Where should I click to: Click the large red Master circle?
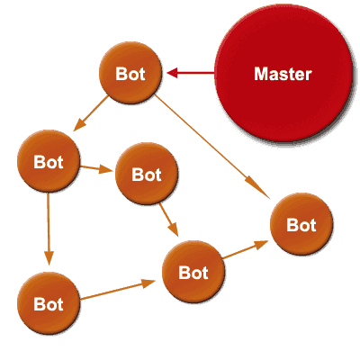(283, 73)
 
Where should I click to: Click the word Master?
(283, 74)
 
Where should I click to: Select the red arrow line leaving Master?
(191, 73)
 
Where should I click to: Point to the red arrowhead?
(172, 73)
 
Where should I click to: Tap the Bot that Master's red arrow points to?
(130, 73)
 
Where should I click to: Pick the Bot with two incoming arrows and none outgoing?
(301, 224)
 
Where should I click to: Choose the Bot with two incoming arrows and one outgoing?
(193, 272)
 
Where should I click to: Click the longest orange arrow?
(212, 147)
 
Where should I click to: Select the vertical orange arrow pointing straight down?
(49, 229)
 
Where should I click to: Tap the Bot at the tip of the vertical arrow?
(49, 303)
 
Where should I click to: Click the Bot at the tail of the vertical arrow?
(49, 161)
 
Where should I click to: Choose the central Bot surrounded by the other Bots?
(147, 174)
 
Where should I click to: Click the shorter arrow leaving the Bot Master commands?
(91, 113)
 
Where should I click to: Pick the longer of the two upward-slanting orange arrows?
(118, 290)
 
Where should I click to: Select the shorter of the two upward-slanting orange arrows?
(246, 249)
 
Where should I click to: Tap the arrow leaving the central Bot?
(169, 220)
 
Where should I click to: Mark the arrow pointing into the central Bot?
(96, 169)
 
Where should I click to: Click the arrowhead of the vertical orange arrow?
(49, 258)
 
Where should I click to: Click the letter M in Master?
(260, 74)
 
